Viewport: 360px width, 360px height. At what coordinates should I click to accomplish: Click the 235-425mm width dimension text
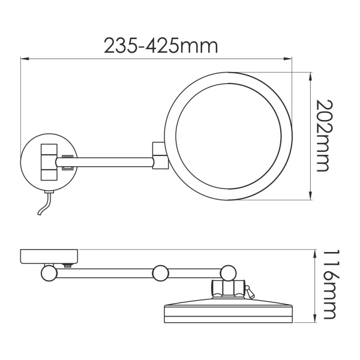click(160, 45)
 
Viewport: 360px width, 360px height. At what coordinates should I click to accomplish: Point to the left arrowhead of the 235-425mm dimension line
click(24, 59)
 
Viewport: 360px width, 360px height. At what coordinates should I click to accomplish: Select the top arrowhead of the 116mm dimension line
click(315, 251)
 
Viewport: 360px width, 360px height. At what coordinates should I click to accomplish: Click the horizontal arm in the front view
click(111, 161)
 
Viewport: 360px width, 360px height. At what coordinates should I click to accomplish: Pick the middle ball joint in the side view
click(160, 274)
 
